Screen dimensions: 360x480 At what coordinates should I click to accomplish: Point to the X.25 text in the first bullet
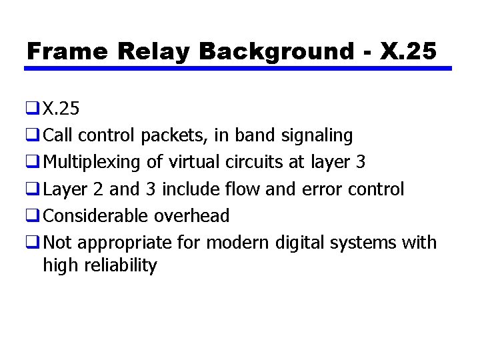point(61,109)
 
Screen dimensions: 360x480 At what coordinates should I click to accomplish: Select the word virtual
point(195,162)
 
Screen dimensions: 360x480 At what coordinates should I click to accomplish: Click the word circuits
point(257,162)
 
